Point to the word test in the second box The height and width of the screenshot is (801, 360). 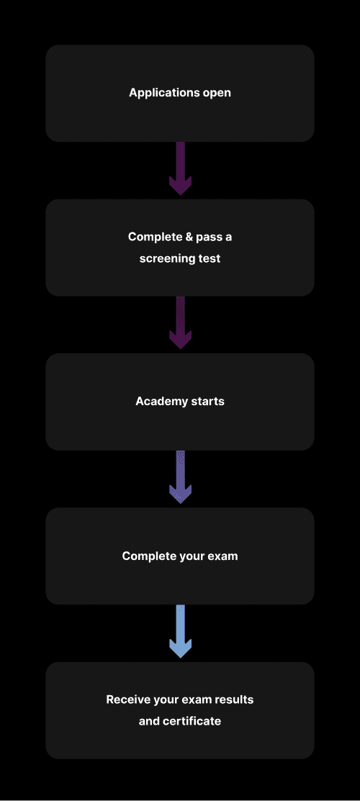point(210,258)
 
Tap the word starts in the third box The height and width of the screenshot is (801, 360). point(208,402)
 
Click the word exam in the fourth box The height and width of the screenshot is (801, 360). point(222,556)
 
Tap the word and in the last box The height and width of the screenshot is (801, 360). point(149,721)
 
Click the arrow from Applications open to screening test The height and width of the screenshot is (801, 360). point(180,168)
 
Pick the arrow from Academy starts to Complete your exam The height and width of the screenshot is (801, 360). point(180,477)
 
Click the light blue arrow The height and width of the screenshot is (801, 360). point(180,631)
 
